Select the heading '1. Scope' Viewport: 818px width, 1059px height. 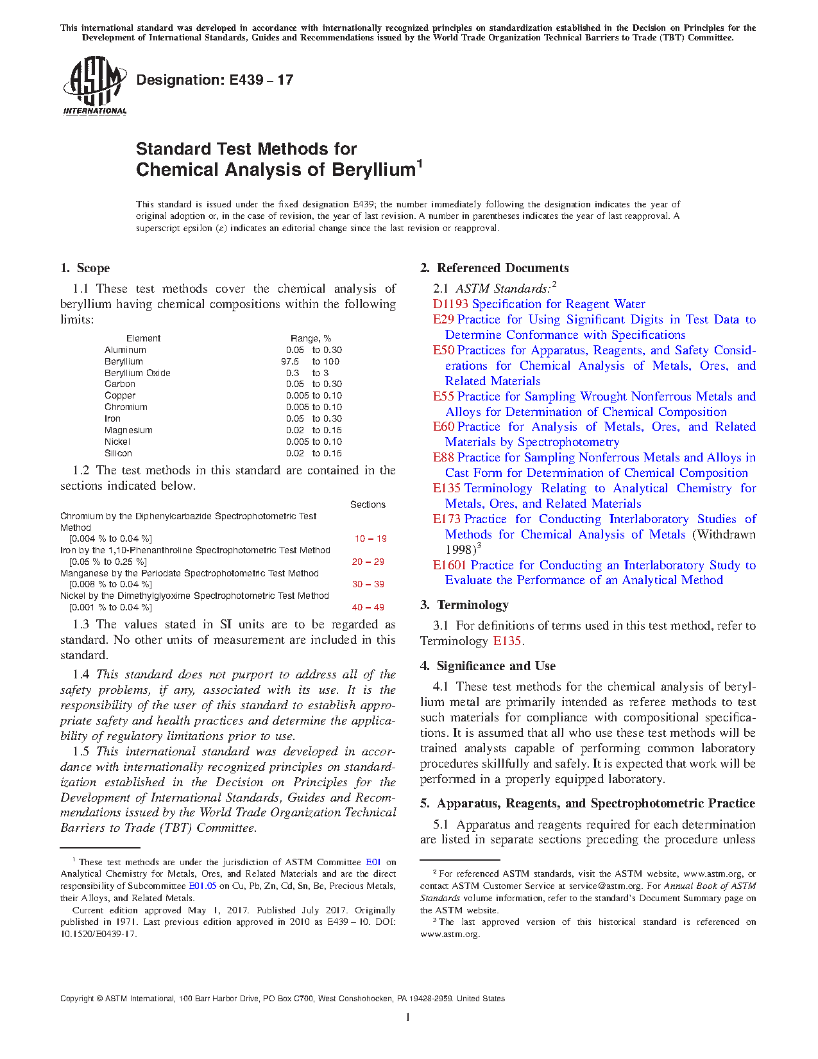coord(85,268)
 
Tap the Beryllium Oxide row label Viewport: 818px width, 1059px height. coord(137,373)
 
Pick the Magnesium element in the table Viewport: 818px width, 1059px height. coord(128,430)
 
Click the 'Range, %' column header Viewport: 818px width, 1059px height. coord(311,338)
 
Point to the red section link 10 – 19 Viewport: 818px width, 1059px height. coord(370,538)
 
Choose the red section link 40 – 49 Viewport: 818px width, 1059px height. coord(368,607)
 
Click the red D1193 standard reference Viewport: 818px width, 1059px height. coord(450,304)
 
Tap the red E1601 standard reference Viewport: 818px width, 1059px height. coord(450,565)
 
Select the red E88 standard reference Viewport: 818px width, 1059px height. coord(443,458)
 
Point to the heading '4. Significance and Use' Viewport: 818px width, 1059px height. coord(488,666)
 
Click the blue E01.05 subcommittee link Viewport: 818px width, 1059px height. coord(202,886)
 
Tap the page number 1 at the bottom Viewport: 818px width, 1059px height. coord(408,1017)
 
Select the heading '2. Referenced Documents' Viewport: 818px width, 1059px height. coord(495,268)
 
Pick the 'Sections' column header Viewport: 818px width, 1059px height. coord(368,504)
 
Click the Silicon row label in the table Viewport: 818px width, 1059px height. coord(118,453)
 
